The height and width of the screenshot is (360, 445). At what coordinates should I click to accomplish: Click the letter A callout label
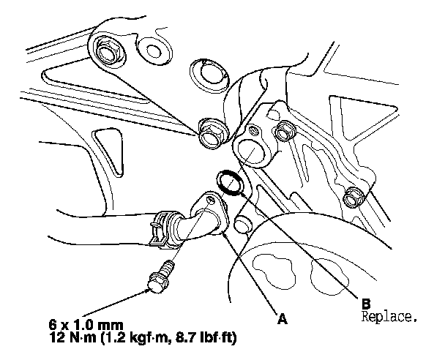tap(283, 318)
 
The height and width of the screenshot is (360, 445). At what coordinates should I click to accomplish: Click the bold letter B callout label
tap(366, 304)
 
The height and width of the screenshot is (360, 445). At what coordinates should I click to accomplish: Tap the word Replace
tap(389, 317)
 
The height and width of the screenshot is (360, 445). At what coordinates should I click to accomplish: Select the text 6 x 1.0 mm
tap(86, 325)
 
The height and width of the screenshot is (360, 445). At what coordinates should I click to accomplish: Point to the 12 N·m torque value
tap(72, 337)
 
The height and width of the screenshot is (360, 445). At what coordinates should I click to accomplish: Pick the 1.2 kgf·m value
tap(136, 338)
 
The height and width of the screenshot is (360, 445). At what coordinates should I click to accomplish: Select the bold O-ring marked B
tap(229, 183)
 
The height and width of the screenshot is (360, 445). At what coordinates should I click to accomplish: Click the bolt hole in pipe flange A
tap(211, 199)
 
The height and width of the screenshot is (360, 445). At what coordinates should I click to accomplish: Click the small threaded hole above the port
tap(253, 130)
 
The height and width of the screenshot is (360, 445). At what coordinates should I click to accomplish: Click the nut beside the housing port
tap(284, 131)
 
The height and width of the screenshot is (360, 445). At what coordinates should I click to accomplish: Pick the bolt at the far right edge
tap(354, 196)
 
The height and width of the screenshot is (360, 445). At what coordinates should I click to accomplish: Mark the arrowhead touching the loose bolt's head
tap(148, 289)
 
